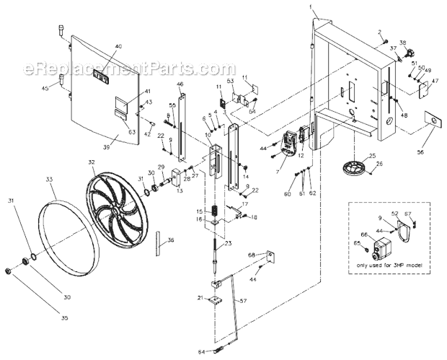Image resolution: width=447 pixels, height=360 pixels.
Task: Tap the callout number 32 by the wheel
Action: [92, 163]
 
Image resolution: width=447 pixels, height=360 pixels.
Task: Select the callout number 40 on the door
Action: [118, 46]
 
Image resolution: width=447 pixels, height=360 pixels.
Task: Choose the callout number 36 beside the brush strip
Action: [170, 241]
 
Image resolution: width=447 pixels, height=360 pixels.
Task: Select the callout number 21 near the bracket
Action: [200, 298]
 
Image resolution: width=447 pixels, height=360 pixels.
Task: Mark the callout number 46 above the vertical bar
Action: [180, 84]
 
